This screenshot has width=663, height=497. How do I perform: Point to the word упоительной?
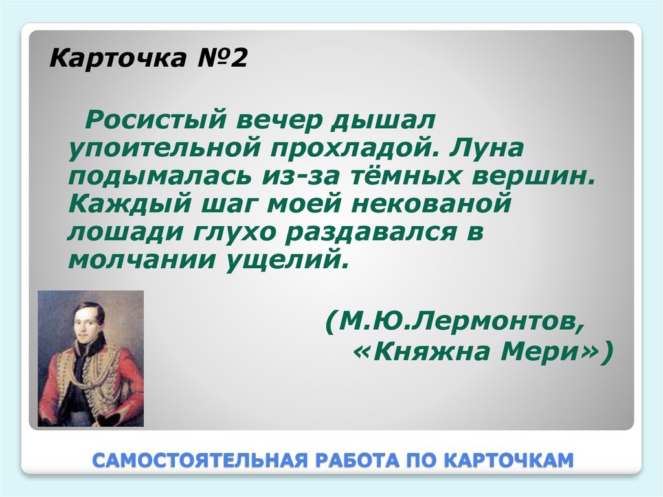[159, 151]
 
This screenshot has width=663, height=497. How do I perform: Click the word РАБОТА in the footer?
[354, 461]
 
